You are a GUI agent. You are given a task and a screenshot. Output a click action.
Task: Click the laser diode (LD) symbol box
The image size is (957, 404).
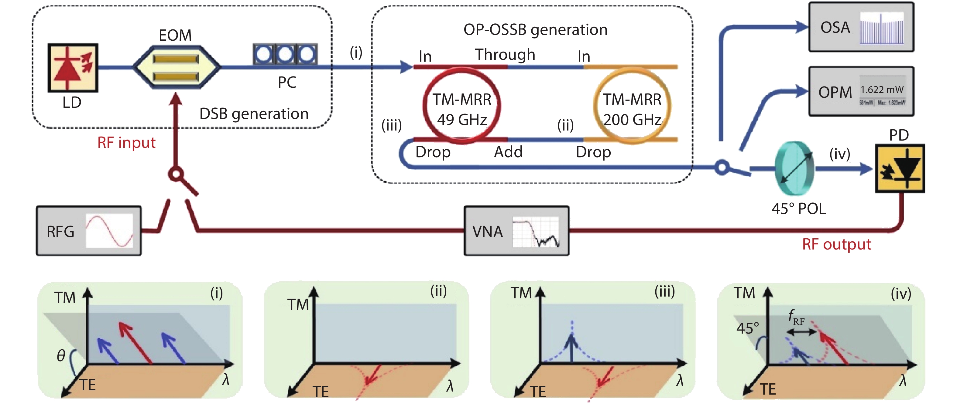coord(73,68)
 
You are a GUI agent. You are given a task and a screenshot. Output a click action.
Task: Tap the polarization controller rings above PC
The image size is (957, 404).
coord(285,54)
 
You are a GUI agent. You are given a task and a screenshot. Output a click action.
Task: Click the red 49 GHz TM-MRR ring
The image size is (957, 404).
coord(461,105)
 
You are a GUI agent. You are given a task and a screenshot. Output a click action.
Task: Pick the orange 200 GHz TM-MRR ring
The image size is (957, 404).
coord(632,105)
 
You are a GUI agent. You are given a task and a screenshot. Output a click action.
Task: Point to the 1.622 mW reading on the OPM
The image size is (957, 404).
coord(882,90)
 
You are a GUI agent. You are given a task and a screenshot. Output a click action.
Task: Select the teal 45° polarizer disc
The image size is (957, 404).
coord(794,168)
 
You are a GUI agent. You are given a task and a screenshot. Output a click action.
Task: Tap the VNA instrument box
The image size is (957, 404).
coord(516,231)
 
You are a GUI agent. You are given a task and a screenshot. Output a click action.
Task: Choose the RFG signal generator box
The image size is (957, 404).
coord(88,231)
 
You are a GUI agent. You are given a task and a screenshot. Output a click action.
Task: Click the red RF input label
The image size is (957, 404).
coord(126,143)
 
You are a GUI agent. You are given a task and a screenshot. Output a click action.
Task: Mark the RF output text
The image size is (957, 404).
coord(836,244)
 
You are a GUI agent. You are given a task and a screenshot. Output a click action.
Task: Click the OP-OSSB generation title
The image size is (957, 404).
coord(535,30)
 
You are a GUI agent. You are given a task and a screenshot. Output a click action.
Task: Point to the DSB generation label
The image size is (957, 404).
coord(254,114)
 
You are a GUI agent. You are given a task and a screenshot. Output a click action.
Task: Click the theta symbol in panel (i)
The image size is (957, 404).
coord(61,356)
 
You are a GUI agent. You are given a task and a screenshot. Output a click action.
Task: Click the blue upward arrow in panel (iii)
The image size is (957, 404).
coord(571,347)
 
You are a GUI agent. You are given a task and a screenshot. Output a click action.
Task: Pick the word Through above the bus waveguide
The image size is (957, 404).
coord(505,55)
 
